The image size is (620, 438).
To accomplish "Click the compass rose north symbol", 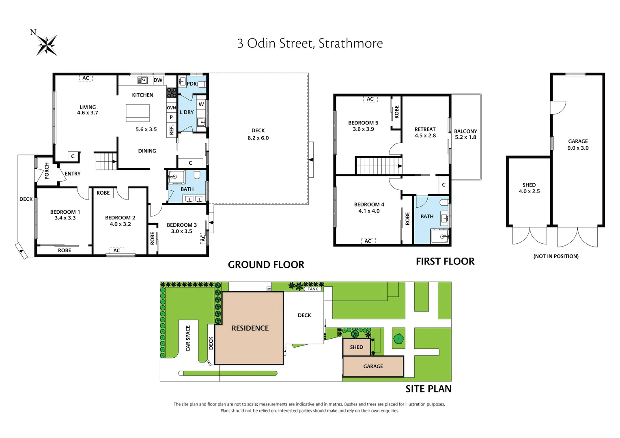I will point(46,44).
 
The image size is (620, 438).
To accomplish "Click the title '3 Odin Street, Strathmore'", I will point(310,43).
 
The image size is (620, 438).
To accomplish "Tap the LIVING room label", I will point(88,107).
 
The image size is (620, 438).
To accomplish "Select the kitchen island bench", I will point(138,113).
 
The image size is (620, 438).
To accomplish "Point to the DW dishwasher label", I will point(158,80).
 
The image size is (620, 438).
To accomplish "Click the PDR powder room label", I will point(192,84).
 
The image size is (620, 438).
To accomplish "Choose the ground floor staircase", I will point(106,161).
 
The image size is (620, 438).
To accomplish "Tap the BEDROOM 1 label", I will point(65,212).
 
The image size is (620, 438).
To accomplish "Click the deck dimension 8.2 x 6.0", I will point(258,138).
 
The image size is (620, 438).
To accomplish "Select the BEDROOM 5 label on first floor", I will point(363,123).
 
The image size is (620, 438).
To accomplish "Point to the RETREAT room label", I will point(425,129).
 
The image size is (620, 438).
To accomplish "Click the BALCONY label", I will point(465,131).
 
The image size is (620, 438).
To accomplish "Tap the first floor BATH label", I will point(427,217).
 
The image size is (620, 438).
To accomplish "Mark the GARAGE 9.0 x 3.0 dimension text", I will point(578,148).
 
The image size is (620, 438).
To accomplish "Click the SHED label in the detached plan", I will point(529,185).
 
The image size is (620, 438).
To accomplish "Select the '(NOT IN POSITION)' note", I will point(555,256).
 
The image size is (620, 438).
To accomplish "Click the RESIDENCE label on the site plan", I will point(250,328).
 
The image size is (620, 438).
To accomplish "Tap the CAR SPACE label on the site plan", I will point(188,338).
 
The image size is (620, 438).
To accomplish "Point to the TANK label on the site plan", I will point(313,289).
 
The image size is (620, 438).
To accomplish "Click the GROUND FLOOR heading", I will point(266,265).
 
